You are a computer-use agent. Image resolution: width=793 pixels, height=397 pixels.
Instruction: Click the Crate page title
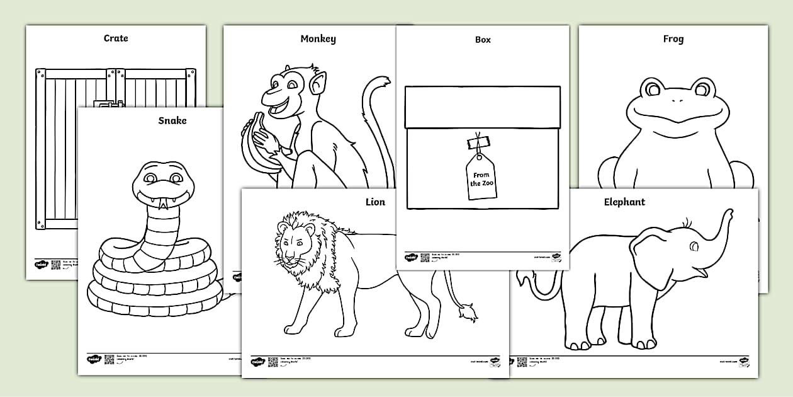pos(116,38)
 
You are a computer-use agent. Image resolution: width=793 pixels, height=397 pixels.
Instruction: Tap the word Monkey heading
pos(318,39)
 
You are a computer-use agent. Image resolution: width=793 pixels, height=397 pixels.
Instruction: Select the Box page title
pos(483,40)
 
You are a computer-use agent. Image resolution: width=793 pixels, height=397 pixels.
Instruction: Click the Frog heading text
pos(673,39)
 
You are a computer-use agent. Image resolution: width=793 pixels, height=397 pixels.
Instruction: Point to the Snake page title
pos(172,120)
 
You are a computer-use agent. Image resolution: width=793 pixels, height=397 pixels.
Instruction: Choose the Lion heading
pos(375,202)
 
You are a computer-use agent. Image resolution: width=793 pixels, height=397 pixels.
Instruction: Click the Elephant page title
pos(624,202)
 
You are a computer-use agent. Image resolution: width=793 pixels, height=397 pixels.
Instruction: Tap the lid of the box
pos(483,107)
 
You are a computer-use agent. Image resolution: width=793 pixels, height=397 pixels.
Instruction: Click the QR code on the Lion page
pos(273,362)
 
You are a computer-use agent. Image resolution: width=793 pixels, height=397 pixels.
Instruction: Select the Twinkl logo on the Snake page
pos(93,359)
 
